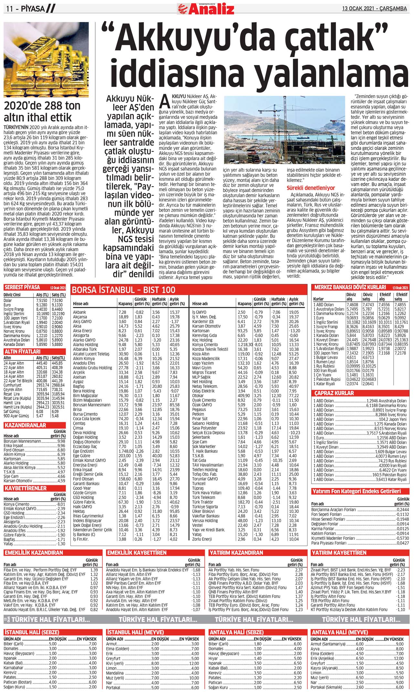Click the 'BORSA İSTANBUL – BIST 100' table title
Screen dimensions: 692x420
click(x=124, y=290)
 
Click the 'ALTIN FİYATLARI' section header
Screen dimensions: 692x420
click(x=22, y=351)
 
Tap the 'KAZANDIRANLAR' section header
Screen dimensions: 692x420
click(x=25, y=425)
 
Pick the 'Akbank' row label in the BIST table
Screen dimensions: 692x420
click(x=79, y=312)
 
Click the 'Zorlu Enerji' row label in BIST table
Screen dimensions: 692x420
click(x=202, y=539)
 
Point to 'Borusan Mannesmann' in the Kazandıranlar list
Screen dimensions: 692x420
click(x=22, y=441)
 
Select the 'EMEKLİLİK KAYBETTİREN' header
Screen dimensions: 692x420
click(x=137, y=553)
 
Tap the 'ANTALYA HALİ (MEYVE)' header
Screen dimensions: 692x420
click(x=339, y=632)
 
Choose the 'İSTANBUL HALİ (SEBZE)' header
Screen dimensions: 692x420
click(x=32, y=632)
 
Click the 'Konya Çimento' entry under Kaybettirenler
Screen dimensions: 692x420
click(x=16, y=504)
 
